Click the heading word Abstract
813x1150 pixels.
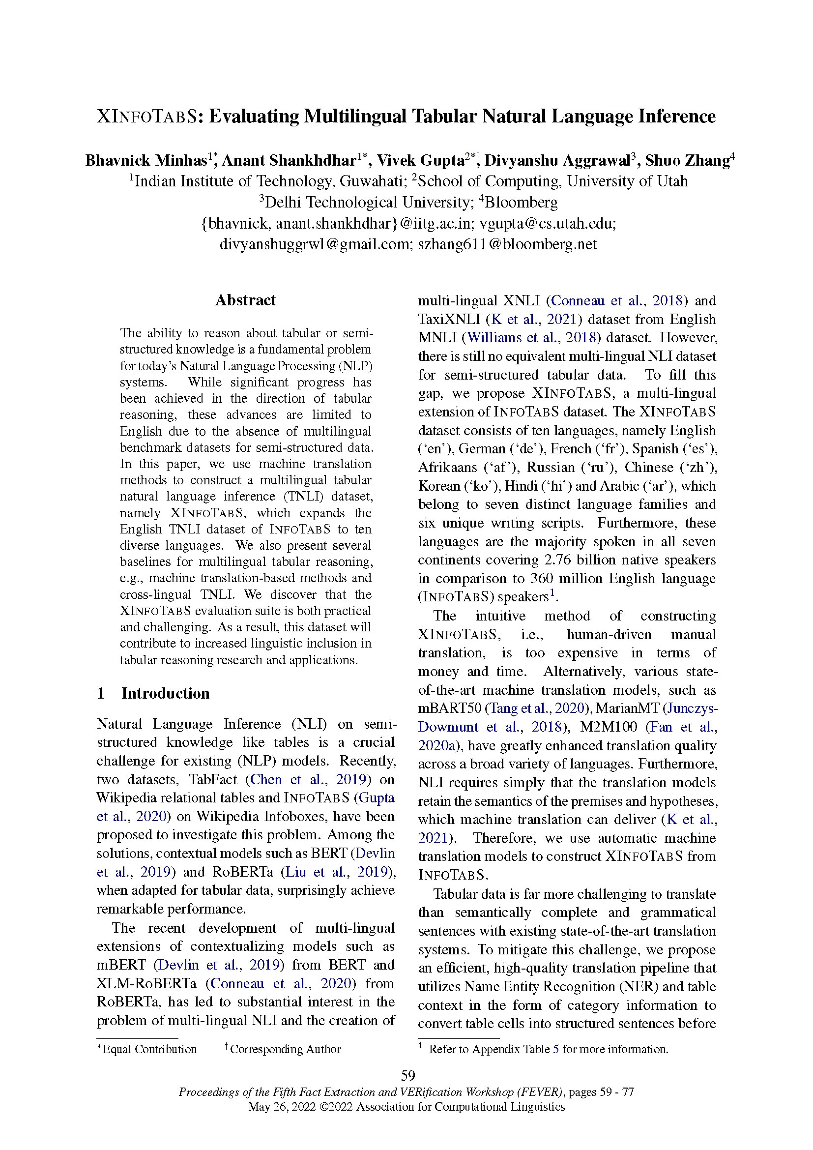[245, 300]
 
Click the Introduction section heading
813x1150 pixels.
[165, 693]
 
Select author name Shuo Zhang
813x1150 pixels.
[687, 160]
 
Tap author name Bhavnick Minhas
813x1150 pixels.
[145, 160]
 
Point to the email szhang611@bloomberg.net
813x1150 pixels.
[507, 244]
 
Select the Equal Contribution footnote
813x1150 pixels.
[149, 1049]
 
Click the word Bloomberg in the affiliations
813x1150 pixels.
[521, 203]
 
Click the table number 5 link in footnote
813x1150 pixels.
[556, 1049]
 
